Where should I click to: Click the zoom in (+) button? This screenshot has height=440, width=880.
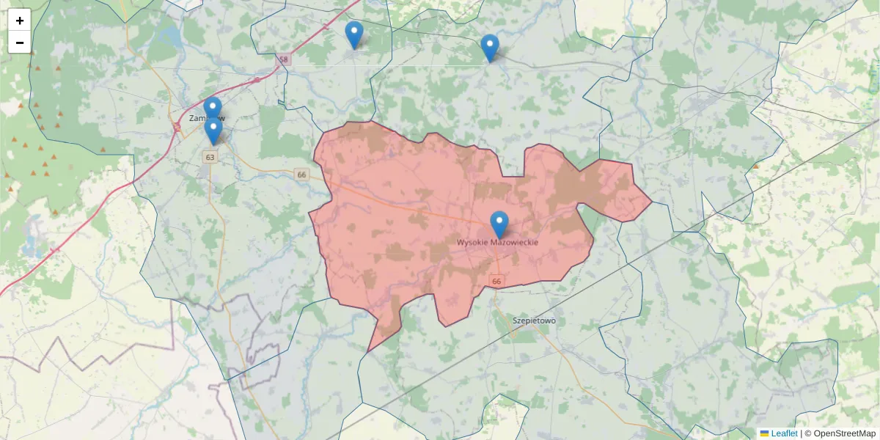(x=20, y=21)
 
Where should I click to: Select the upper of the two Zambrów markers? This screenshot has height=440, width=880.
(x=213, y=109)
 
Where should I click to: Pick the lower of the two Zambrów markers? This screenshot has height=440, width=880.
(x=213, y=131)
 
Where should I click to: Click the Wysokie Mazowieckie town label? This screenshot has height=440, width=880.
(x=498, y=242)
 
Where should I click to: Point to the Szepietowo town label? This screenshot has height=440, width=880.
(x=535, y=320)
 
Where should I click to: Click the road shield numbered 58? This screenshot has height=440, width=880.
(x=285, y=59)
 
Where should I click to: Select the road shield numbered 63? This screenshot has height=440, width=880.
(x=210, y=157)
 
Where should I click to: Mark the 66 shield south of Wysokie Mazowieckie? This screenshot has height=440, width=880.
(x=497, y=282)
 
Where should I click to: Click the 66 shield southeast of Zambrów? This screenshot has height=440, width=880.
(x=301, y=174)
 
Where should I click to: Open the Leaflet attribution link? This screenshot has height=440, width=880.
(x=784, y=433)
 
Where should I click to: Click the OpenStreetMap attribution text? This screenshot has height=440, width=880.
(x=844, y=433)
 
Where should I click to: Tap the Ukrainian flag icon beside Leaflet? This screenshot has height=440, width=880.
(x=764, y=433)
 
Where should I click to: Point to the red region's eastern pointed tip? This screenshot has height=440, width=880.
(x=651, y=201)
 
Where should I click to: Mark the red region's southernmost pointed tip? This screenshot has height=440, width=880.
(x=368, y=351)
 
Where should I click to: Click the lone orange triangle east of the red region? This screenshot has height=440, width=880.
(x=755, y=166)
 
